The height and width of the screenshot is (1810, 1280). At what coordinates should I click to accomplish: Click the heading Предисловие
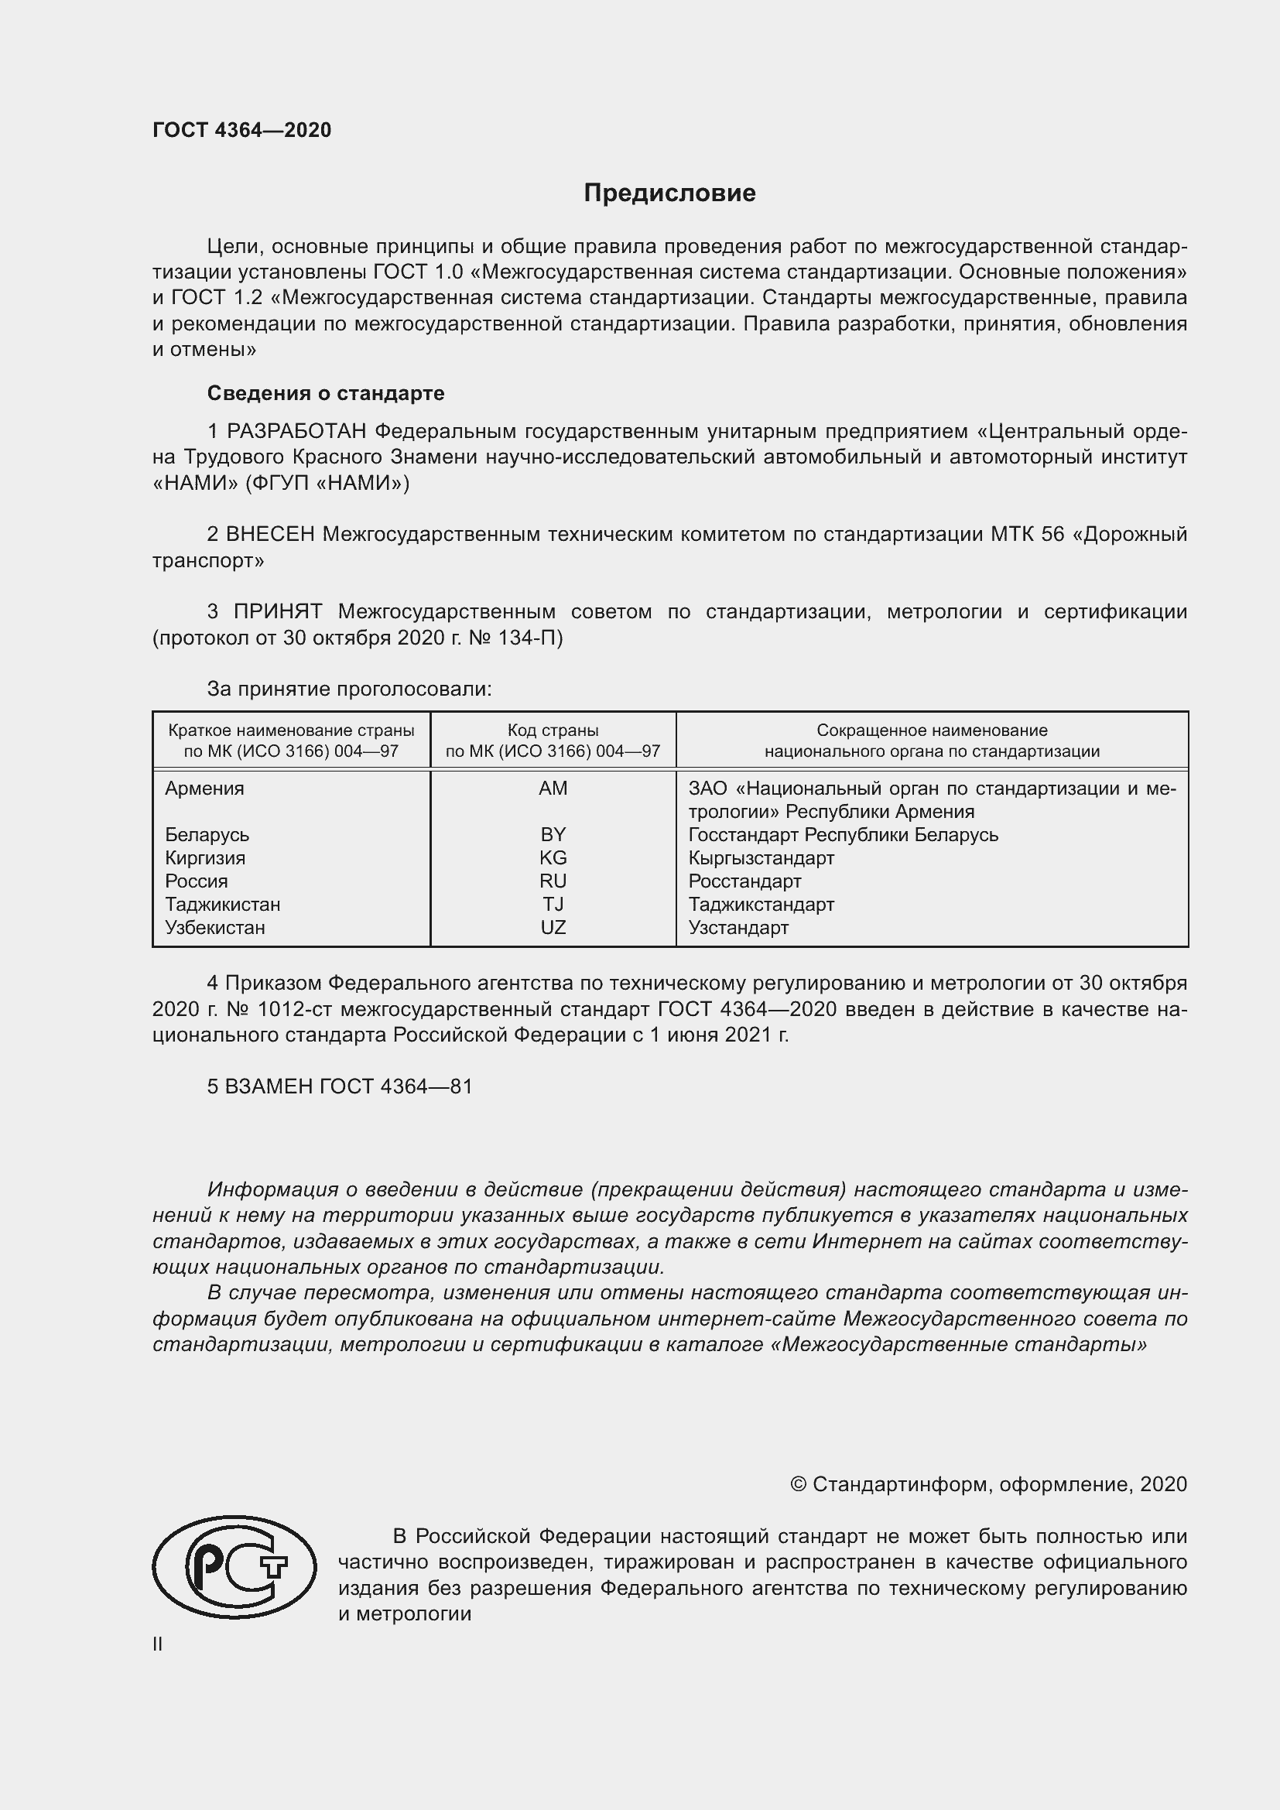[669, 193]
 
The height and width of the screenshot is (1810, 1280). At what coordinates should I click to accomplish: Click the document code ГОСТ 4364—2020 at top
[242, 130]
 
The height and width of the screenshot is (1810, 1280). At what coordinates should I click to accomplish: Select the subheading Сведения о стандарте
[326, 392]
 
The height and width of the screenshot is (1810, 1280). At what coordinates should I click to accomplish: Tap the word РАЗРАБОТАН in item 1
[297, 431]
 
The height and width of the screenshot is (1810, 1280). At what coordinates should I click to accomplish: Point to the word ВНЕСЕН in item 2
[270, 535]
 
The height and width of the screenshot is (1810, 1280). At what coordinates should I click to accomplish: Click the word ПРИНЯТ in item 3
[278, 612]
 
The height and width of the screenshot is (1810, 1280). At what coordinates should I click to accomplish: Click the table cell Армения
[205, 789]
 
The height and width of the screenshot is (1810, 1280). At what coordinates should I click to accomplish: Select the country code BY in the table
[553, 835]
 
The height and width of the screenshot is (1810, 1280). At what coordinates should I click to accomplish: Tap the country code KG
[553, 857]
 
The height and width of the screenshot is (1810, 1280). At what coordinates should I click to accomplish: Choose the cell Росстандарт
[744, 881]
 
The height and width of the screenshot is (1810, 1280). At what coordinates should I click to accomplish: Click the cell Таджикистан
[223, 904]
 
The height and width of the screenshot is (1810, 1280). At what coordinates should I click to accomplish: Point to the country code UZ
[553, 928]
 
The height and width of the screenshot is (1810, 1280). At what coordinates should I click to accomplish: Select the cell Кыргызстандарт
[761, 857]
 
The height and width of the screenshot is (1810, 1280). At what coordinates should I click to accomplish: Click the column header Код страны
[553, 731]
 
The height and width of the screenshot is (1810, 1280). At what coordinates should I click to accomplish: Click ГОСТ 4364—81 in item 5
[395, 1086]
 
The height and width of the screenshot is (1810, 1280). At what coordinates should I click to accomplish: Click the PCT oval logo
[234, 1567]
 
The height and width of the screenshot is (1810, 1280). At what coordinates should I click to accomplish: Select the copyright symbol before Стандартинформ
[798, 1484]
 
